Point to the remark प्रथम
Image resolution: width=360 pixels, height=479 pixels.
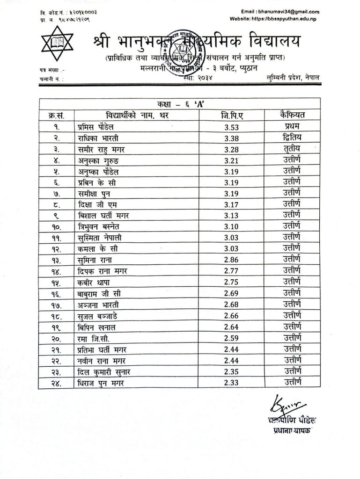pos(286,127)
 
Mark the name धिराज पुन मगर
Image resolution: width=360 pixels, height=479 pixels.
pos(103,384)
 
